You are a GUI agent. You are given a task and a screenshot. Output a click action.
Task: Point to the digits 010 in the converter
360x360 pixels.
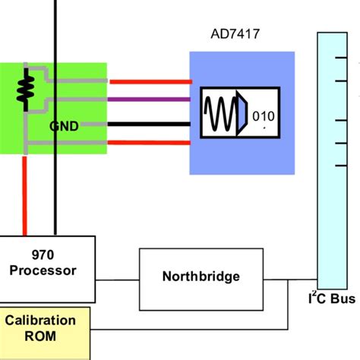click(267, 116)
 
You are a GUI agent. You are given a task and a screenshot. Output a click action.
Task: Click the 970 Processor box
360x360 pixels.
click(48, 261)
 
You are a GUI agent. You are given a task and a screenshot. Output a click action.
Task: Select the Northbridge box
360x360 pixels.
click(201, 276)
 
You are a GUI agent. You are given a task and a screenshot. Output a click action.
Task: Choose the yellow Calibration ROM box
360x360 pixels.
click(44, 328)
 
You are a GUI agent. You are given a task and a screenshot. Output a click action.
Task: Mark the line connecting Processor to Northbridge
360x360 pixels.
click(117, 276)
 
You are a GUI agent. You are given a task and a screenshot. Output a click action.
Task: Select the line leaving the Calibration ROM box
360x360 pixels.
click(190, 330)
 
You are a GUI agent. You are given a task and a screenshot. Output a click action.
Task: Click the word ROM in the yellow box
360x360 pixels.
click(44, 336)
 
